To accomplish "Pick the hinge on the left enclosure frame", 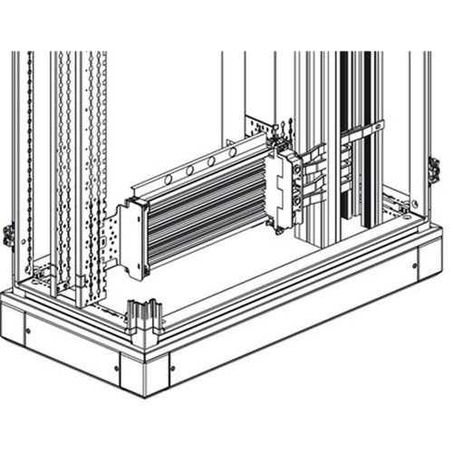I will tap(8, 235).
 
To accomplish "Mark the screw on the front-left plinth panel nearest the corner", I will tap(117, 368).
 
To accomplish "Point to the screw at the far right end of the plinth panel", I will tap(416, 265).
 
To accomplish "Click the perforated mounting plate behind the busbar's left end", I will tap(114, 240).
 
